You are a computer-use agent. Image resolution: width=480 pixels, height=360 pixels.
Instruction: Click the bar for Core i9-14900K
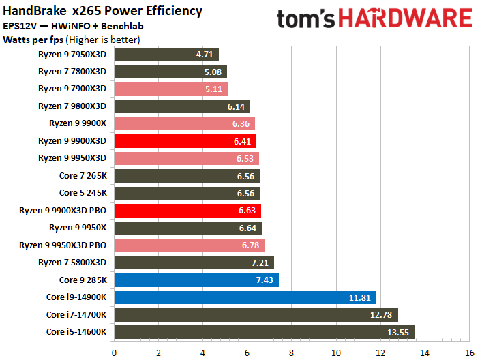245,297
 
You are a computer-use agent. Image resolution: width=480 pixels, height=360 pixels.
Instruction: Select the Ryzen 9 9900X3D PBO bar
187,210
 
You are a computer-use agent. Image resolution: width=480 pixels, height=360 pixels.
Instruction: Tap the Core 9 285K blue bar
196,280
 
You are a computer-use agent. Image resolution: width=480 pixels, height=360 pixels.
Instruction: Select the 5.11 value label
214,89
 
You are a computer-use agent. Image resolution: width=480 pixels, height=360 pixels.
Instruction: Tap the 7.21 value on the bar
260,262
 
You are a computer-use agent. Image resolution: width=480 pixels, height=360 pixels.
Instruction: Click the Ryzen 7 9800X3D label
72,106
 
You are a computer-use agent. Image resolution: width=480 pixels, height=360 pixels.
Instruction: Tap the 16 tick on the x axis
469,352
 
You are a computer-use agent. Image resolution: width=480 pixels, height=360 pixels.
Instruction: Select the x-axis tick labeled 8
291,352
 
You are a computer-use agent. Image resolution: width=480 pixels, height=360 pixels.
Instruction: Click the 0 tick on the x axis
114,352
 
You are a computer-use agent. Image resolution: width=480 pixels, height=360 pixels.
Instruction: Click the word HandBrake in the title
33,11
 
